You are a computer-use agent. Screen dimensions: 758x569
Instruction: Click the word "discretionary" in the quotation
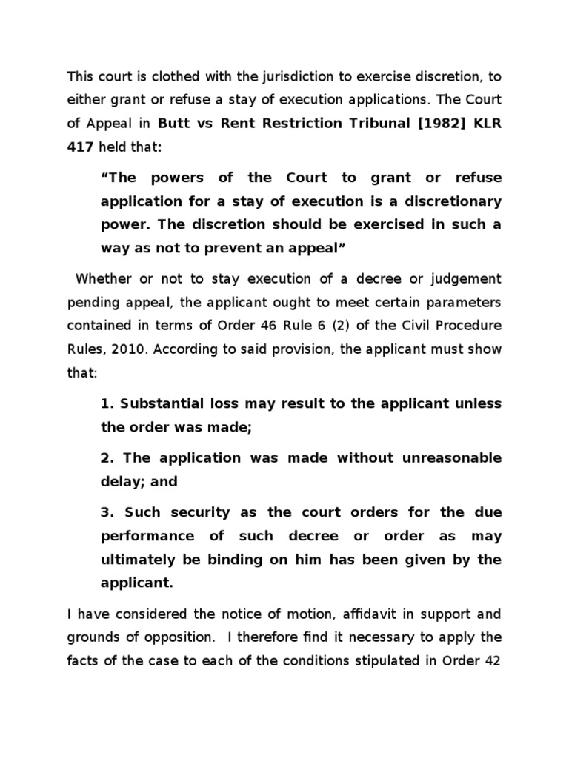click(456, 202)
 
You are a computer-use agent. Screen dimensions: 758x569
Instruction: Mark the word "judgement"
click(467, 278)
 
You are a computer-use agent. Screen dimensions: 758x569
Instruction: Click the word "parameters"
click(461, 302)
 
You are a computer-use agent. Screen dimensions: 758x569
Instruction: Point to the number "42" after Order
click(492, 660)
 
